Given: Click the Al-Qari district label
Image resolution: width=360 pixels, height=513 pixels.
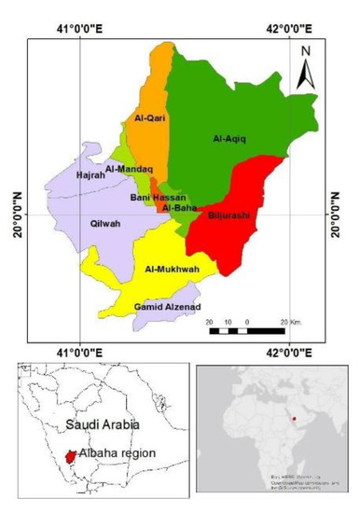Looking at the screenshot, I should click(149, 118).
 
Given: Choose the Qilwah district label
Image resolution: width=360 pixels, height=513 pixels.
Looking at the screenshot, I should click(104, 224).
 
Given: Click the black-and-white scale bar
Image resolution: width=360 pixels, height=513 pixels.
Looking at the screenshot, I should click(245, 330).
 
